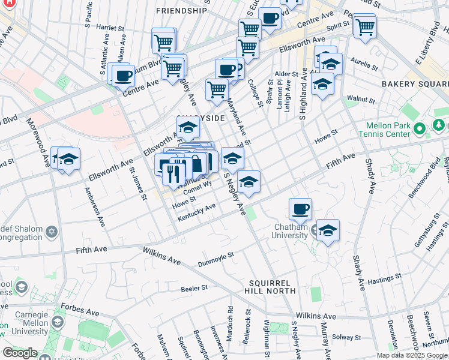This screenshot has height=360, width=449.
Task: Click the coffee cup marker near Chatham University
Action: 300,209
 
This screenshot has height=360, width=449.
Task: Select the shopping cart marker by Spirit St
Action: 364,26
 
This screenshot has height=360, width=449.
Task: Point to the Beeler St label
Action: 194,288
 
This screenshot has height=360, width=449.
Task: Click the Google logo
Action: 20,353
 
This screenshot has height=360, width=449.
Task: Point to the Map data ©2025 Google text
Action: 412,355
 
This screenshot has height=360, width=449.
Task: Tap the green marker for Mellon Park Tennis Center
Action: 420,128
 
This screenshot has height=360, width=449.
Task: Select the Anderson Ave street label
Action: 95,208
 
